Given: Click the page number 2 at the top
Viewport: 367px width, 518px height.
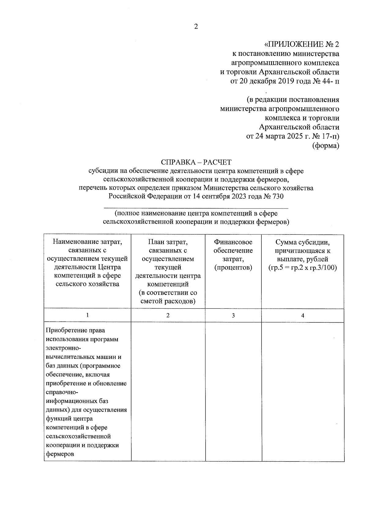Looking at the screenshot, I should pyautogui.click(x=196, y=27).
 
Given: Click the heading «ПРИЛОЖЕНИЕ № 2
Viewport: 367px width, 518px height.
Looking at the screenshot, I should pyautogui.click(x=302, y=45).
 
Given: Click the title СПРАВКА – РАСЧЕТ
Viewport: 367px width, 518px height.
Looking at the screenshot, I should pyautogui.click(x=196, y=162).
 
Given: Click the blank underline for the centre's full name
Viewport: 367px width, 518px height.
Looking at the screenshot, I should pyautogui.click(x=196, y=208).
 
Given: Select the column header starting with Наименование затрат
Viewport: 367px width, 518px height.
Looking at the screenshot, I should pyautogui.click(x=87, y=263).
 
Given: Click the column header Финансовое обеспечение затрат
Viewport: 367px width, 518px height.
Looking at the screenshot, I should pyautogui.click(x=233, y=255).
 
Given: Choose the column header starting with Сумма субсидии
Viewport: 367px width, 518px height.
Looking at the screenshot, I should pyautogui.click(x=302, y=255).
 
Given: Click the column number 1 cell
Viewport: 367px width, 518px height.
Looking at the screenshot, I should pyautogui.click(x=87, y=315).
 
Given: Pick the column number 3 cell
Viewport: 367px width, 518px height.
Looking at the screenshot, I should pyautogui.click(x=233, y=315).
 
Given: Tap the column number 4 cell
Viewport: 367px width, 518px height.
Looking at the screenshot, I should pyautogui.click(x=302, y=315).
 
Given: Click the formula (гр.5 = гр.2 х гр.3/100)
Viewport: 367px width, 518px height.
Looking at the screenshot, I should pyautogui.click(x=302, y=268).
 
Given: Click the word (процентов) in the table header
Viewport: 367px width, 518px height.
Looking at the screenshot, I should pyautogui.click(x=233, y=268).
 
